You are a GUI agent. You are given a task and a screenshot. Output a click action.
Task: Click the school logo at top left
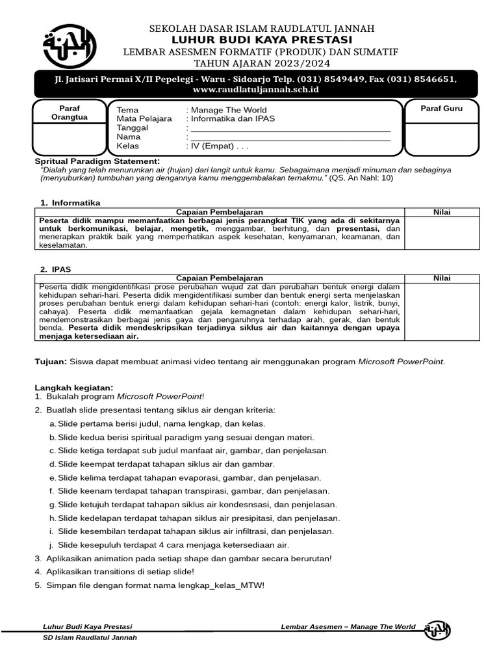[x=69, y=47]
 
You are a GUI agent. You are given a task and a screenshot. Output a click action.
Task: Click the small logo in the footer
[x=437, y=630]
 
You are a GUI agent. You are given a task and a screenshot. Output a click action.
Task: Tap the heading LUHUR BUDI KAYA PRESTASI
[x=262, y=40]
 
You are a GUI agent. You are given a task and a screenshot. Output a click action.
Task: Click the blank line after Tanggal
[x=290, y=128]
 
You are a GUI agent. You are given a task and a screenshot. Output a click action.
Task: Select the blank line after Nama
[x=290, y=137]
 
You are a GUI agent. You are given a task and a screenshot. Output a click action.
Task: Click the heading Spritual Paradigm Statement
[x=96, y=161]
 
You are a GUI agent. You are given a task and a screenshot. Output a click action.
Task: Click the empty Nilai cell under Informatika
[x=442, y=232]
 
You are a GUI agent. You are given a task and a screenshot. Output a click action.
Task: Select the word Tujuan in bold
[x=50, y=362]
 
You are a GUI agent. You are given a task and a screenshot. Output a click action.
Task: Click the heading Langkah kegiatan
[x=73, y=388]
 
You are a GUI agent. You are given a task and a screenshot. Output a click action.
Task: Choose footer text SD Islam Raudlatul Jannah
[x=90, y=638]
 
